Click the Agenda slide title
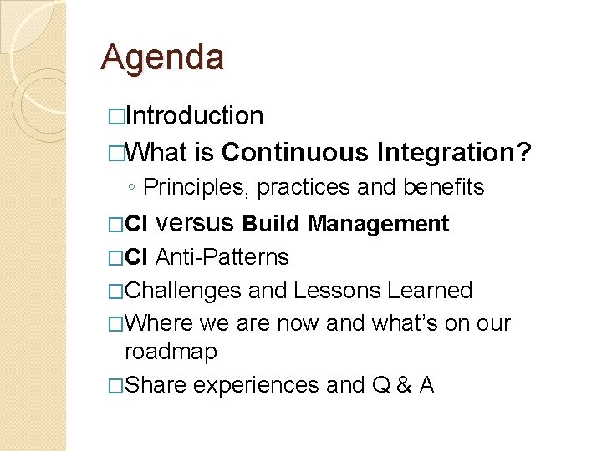click(x=162, y=58)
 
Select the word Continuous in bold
click(x=294, y=153)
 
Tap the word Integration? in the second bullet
click(x=455, y=153)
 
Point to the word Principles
click(x=196, y=188)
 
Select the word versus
click(x=196, y=224)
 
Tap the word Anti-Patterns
click(x=222, y=257)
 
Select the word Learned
click(x=430, y=291)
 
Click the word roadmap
click(x=171, y=352)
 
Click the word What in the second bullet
click(x=159, y=153)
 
